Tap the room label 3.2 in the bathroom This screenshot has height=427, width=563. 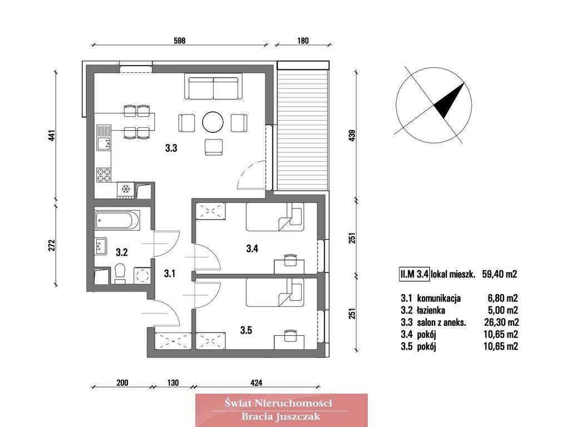121,252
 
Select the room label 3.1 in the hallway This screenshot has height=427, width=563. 170,273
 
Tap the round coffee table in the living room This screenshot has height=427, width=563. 213,122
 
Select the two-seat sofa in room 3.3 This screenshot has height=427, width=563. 214,88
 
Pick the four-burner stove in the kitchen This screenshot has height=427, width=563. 103,175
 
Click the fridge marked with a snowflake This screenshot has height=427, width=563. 126,190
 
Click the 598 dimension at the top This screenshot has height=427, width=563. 179,41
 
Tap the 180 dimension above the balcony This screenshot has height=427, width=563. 303,41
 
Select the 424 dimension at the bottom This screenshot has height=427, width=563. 256,383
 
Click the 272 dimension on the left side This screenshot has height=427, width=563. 51,245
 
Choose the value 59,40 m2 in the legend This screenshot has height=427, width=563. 500,274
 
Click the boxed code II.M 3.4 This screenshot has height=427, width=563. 414,274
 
